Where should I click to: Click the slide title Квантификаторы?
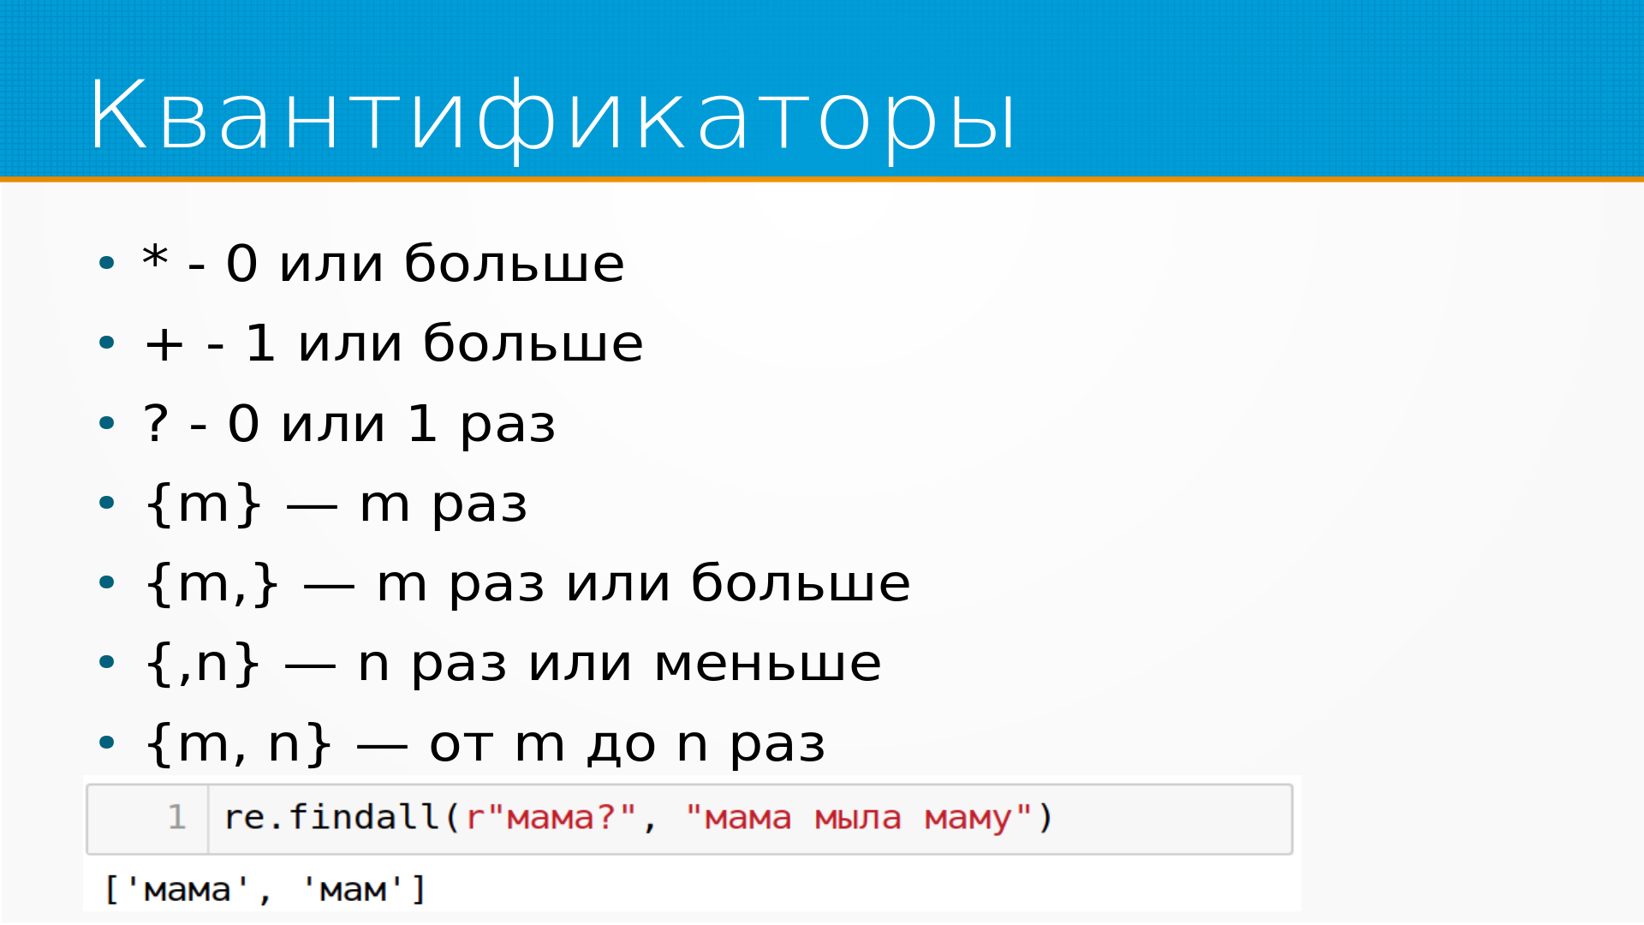pyautogui.click(x=552, y=116)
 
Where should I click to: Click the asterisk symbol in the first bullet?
pyautogui.click(x=155, y=256)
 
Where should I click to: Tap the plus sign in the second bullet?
pyautogui.click(x=164, y=344)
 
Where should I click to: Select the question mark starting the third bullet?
pyautogui.click(x=156, y=422)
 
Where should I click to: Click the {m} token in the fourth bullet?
pyautogui.click(x=204, y=504)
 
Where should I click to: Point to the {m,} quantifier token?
pyautogui.click(x=212, y=584)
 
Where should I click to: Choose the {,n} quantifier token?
pyautogui.click(x=203, y=664)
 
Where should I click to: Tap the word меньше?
pyautogui.click(x=767, y=664)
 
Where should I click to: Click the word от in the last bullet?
pyautogui.click(x=461, y=744)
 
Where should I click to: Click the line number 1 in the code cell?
pyautogui.click(x=177, y=817)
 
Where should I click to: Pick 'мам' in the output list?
pyautogui.click(x=353, y=890)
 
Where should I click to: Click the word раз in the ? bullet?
pyautogui.click(x=508, y=426)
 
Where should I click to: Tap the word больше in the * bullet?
pyautogui.click(x=515, y=262)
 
